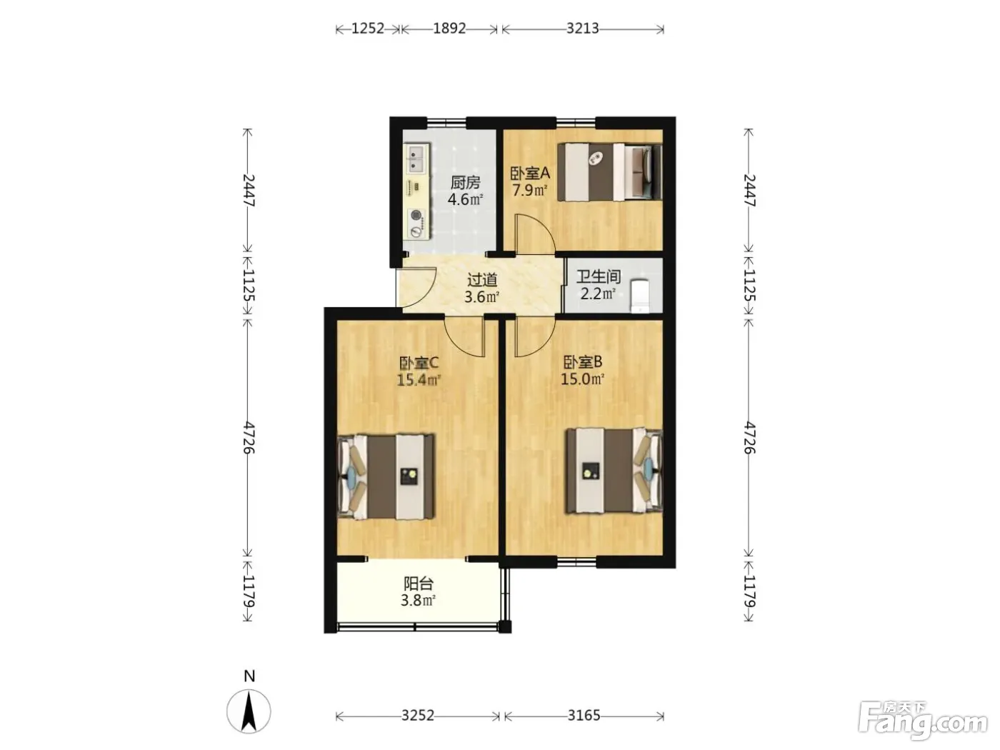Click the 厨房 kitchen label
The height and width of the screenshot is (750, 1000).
pos(465,183)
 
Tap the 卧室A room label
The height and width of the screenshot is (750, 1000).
pos(530,173)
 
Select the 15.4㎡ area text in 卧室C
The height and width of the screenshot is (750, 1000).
pos(419,379)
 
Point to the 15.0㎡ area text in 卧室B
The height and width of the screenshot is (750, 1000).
pos(583,379)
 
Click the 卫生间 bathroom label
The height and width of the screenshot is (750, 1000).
pos(599,276)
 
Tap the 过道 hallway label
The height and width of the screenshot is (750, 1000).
pos(482,279)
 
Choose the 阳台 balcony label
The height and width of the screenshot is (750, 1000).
pos(419,584)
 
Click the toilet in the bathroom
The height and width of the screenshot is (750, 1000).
pos(641,296)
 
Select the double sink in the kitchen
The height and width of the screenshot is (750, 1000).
pos(98,158)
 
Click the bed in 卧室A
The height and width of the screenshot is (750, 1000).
pos(610,171)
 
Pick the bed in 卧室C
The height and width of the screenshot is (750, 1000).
pos(386,476)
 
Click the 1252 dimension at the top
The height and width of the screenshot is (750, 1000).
pos(368,29)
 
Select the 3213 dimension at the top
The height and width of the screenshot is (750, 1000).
pos(583,29)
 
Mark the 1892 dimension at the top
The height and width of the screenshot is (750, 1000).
pos(449,29)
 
